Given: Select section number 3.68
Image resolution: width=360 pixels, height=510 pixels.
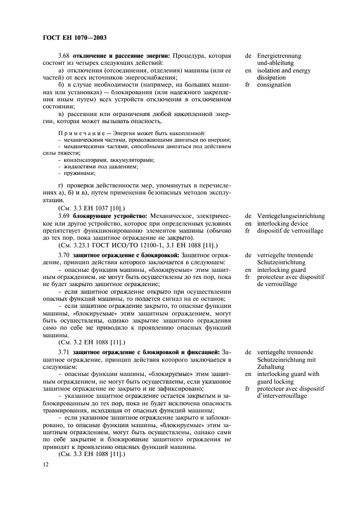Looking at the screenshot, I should [x=64, y=56].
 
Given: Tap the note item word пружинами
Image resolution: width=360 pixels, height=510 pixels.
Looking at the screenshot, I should [x=78, y=173].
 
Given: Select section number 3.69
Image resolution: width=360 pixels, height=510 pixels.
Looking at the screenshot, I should [x=64, y=216].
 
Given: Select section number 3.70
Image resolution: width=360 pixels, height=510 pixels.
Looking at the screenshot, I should [x=64, y=255].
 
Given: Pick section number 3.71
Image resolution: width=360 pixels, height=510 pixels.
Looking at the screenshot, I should [x=64, y=353].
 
